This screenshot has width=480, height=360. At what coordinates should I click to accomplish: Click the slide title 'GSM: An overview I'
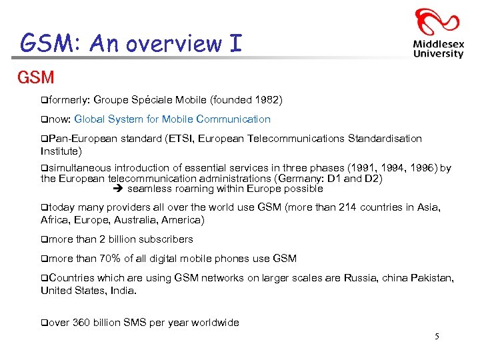[131, 43]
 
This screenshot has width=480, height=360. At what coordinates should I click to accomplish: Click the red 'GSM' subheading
[36, 77]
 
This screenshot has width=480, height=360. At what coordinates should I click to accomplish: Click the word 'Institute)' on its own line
[61, 151]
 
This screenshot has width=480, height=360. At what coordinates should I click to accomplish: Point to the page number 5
[437, 337]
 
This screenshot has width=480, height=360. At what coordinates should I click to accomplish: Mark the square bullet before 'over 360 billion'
[44, 323]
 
